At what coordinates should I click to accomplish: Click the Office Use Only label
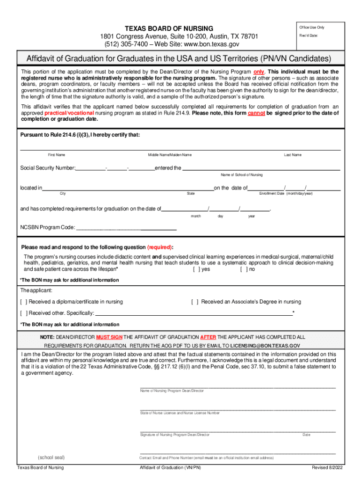(312, 27)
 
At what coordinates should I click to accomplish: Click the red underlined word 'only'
(259, 72)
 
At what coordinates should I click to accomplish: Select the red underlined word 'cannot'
(257, 113)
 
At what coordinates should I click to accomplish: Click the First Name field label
(57, 155)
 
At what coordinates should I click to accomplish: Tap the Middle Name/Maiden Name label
(170, 155)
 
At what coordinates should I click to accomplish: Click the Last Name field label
(293, 155)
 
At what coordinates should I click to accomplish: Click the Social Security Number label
(47, 168)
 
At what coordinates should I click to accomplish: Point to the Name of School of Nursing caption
(242, 174)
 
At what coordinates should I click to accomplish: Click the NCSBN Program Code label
(47, 228)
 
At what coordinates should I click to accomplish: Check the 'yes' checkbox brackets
(196, 269)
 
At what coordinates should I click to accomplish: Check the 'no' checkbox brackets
(243, 269)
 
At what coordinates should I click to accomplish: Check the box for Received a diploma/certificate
(23, 302)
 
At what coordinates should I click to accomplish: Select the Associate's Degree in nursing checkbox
(194, 302)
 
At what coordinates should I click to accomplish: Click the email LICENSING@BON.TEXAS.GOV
(262, 345)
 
